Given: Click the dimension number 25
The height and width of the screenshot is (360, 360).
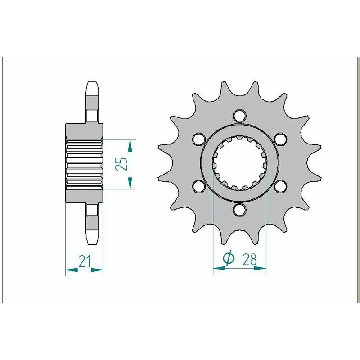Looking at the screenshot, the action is point(122,164).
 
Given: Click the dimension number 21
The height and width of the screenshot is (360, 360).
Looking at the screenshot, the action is point(85,261).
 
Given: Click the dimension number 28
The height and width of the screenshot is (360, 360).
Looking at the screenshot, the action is point(249,260).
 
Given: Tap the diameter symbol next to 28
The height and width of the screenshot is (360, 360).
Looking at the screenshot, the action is point(229,259).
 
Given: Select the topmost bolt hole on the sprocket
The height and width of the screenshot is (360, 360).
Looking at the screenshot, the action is point(240,116).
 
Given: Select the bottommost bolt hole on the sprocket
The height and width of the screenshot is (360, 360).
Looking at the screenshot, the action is point(240,210).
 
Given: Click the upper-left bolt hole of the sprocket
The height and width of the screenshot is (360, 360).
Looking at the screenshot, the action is point(199,139).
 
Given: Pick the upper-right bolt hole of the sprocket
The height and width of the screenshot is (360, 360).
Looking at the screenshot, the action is point(280,139).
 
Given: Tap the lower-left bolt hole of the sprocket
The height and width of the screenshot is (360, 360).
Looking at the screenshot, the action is point(199,186).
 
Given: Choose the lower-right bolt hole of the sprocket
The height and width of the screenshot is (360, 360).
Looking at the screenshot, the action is point(280,186).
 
